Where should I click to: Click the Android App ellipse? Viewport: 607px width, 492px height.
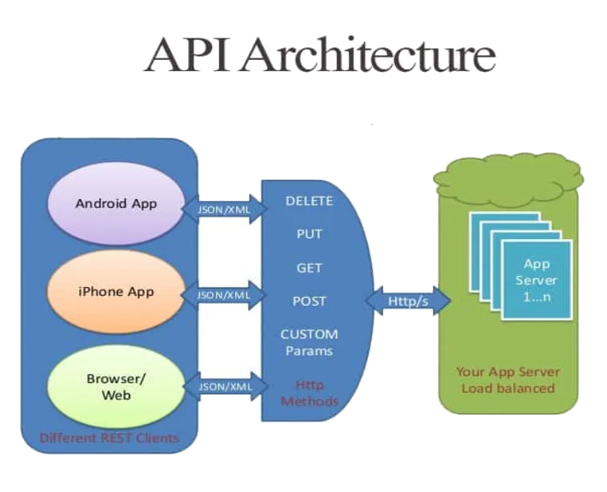(x=116, y=203)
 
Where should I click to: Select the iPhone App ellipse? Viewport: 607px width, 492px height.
(x=116, y=291)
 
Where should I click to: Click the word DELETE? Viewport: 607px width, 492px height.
(x=309, y=202)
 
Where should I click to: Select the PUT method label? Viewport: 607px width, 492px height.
(x=309, y=235)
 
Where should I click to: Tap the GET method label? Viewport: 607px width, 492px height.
(x=309, y=268)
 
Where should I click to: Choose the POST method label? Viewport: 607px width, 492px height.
(x=309, y=301)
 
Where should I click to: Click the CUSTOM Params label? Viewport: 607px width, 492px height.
(x=309, y=342)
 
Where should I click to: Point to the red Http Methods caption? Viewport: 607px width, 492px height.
(x=309, y=393)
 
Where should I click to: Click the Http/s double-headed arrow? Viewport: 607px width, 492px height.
(x=408, y=301)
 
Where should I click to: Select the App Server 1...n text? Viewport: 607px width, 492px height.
(x=536, y=280)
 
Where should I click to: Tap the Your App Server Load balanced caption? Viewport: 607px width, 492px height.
(x=507, y=380)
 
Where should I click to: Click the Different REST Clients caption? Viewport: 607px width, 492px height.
(x=109, y=438)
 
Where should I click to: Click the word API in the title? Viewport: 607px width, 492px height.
(x=191, y=55)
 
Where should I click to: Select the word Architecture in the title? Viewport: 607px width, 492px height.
(x=368, y=55)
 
